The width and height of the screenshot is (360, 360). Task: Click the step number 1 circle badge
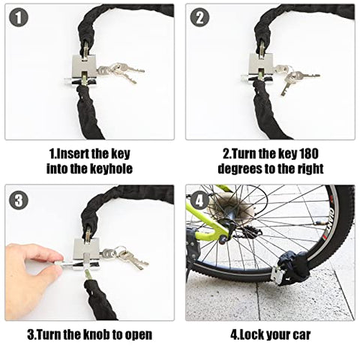tap(18, 17)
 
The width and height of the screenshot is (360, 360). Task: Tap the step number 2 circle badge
tap(199, 17)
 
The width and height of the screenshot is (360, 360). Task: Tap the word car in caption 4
tap(298, 334)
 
